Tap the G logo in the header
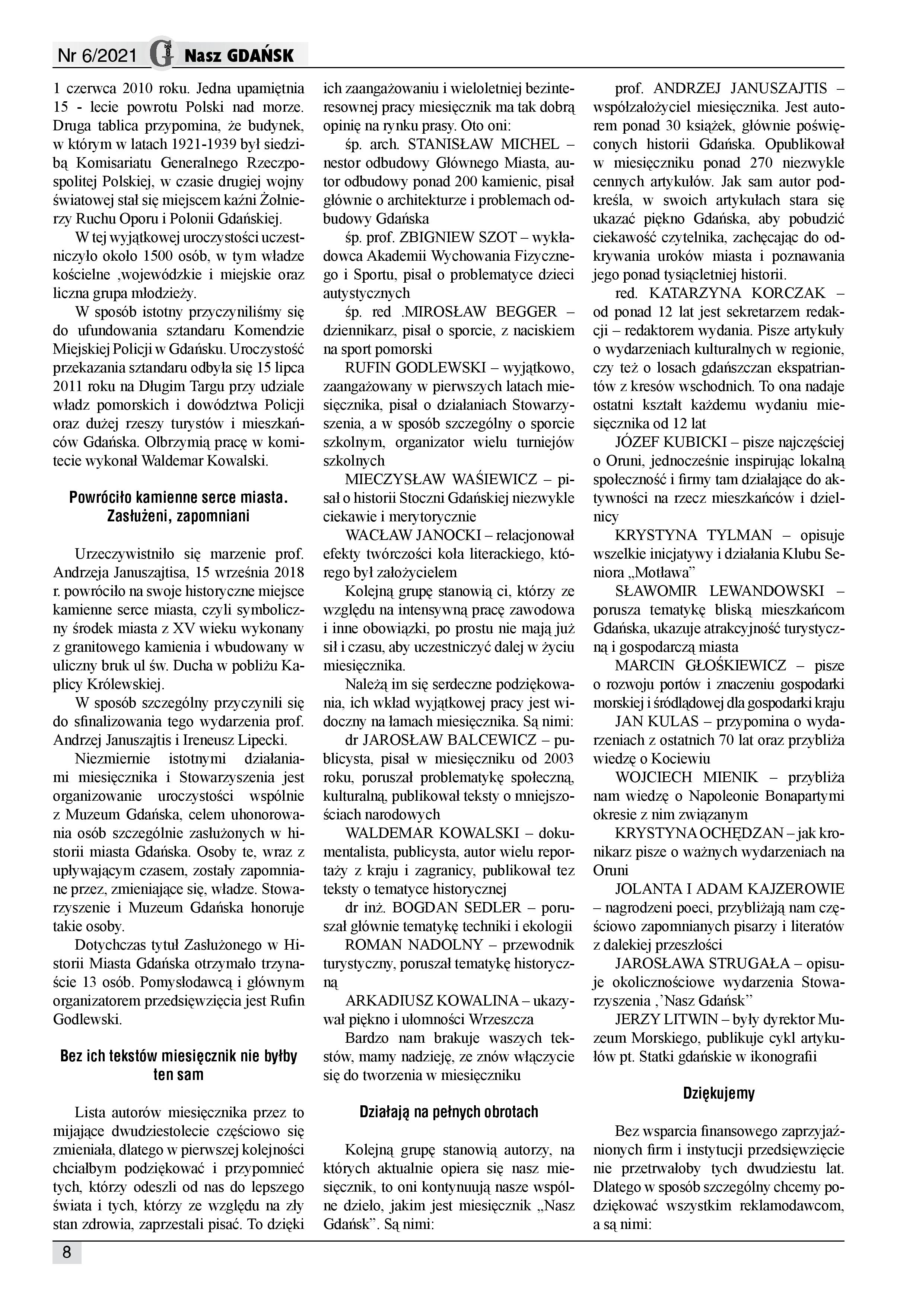[161, 54]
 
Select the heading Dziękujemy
[718, 1093]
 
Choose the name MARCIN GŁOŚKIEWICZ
[700, 665]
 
